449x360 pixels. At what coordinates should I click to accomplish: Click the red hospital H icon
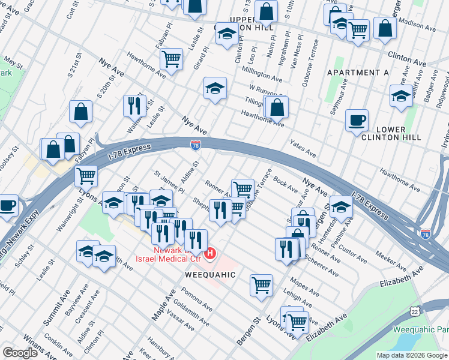[209, 254]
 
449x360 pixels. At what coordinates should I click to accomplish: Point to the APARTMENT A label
[358, 73]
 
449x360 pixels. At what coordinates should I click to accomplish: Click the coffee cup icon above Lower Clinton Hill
[357, 120]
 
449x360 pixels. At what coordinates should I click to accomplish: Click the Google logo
[20, 353]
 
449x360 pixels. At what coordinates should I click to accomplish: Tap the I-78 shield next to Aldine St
[196, 145]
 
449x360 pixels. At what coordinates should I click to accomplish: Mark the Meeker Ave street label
[391, 261]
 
